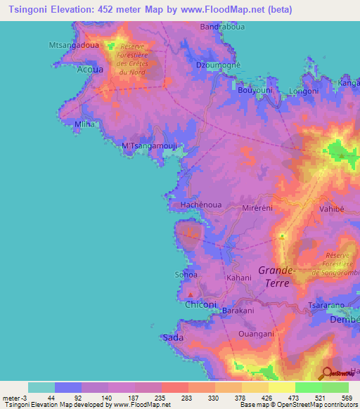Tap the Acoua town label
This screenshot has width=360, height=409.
tap(89, 70)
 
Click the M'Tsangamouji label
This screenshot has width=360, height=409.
tap(152, 146)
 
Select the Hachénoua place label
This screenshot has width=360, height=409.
tap(202, 204)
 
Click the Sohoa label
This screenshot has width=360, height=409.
tap(186, 274)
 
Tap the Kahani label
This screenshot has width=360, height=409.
tap(238, 279)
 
